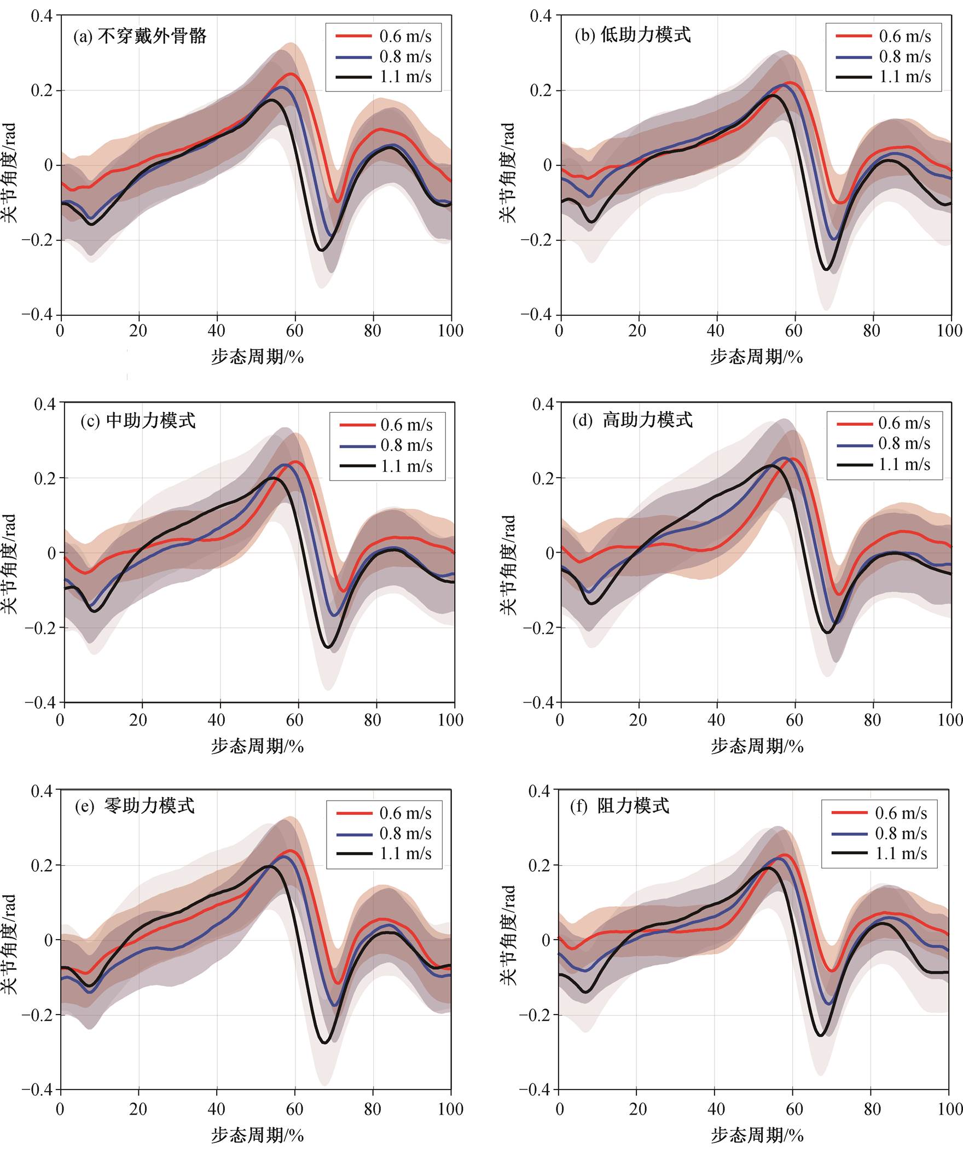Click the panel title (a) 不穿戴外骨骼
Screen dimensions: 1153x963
[140, 36]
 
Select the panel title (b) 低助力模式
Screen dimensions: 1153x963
[633, 35]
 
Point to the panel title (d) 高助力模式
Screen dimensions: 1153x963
[633, 420]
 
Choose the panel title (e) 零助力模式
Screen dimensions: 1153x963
[135, 806]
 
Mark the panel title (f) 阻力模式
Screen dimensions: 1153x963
[620, 806]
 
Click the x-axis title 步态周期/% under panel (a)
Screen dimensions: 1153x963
[258, 357]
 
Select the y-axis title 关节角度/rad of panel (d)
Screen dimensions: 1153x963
[508, 564]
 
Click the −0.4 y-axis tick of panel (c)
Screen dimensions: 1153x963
[40, 702]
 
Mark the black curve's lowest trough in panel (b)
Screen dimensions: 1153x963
[826, 269]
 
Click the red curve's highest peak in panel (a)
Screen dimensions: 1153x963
[292, 73]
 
